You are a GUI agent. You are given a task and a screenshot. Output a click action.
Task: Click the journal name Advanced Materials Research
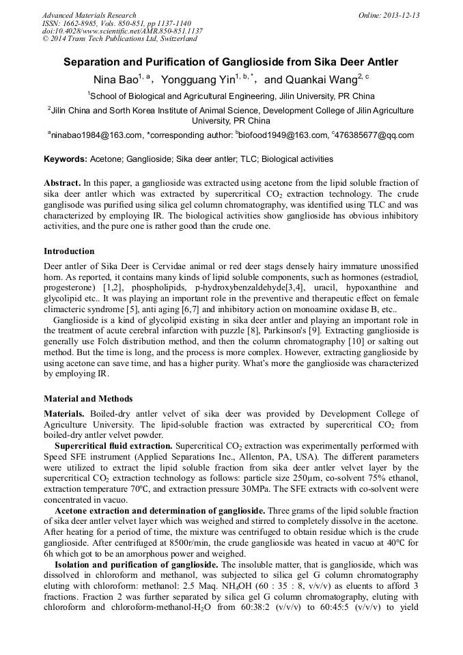point(89,15)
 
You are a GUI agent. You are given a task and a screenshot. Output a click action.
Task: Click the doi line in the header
point(122,31)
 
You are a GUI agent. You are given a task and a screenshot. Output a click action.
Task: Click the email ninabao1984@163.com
point(97,135)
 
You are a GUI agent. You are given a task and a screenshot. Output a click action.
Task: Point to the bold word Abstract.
point(62,184)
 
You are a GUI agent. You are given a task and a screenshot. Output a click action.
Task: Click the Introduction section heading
point(69,251)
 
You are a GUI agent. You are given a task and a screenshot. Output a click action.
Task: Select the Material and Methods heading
point(88,398)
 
